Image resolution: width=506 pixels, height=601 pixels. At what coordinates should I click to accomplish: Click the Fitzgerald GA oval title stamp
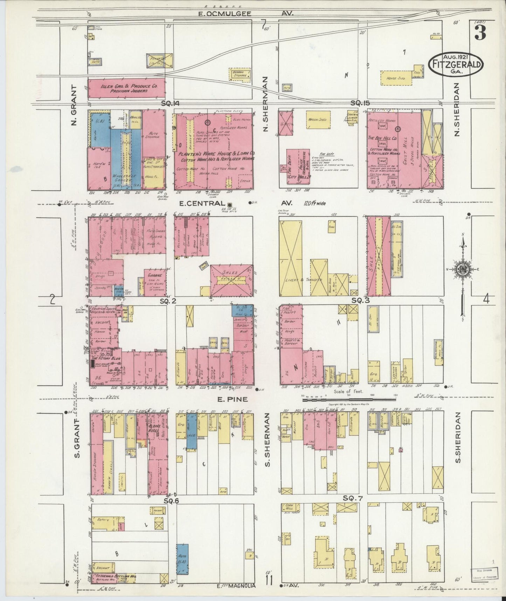click(455, 64)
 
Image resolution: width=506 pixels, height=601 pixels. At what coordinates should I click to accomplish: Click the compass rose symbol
click(463, 269)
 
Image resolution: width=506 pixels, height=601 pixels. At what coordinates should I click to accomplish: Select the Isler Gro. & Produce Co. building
click(126, 88)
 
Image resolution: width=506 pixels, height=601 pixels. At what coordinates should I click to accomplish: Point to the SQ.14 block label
click(170, 103)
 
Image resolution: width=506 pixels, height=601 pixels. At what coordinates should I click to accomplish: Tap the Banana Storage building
click(240, 73)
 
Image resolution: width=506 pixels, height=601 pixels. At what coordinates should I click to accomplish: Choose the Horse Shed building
click(396, 78)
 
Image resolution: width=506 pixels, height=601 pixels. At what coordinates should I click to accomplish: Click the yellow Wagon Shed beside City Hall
click(317, 120)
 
